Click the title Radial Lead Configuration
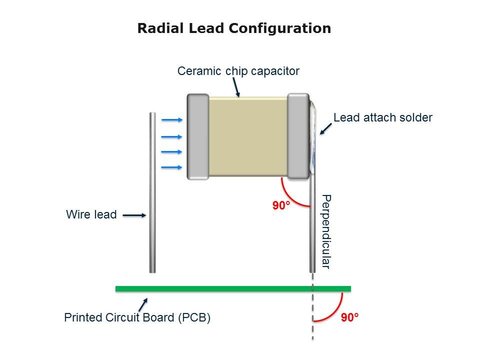pos(234,28)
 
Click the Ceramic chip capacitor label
pos(238,71)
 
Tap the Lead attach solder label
pos(382,118)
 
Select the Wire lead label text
pos(91,215)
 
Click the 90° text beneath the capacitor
pos(281,205)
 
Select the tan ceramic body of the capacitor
pos(248,136)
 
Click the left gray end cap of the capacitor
pos(198,136)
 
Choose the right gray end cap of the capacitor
pos(298,136)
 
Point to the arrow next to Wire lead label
pos(134,215)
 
